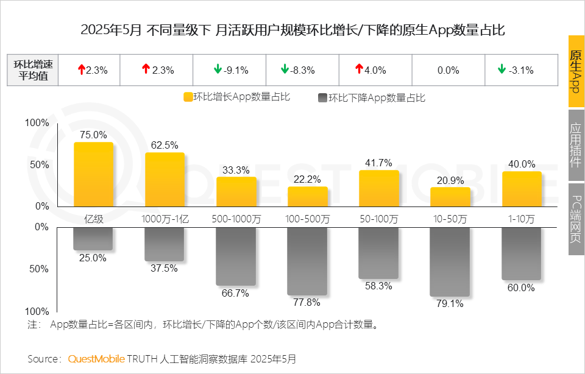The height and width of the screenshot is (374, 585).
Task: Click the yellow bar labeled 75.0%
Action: pyautogui.click(x=93, y=174)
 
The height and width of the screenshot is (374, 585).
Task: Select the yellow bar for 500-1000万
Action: pyautogui.click(x=236, y=191)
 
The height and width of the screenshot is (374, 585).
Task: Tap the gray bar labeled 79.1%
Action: pyautogui.click(x=450, y=261)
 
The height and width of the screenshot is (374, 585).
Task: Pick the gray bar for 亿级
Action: pyautogui.click(x=93, y=239)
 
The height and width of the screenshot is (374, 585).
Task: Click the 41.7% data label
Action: pyautogui.click(x=379, y=163)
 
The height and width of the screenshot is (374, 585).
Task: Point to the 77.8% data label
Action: pyautogui.click(x=308, y=303)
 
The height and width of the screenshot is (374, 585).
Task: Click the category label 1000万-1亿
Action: pyautogui.click(x=165, y=219)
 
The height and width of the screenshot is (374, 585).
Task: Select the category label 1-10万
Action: pyautogui.click(x=522, y=219)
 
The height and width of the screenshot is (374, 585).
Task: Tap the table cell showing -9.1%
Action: pyautogui.click(x=229, y=70)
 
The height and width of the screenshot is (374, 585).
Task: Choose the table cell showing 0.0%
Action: pyautogui.click(x=448, y=70)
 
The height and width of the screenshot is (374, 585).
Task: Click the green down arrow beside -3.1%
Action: pyautogui.click(x=502, y=69)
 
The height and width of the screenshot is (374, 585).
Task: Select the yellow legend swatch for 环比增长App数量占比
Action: pyautogui.click(x=188, y=97)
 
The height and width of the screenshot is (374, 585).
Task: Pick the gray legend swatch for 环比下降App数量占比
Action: pyautogui.click(x=322, y=97)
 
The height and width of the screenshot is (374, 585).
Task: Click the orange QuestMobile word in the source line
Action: pyautogui.click(x=97, y=359)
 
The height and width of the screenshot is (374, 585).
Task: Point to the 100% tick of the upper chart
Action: pyautogui.click(x=37, y=123)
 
